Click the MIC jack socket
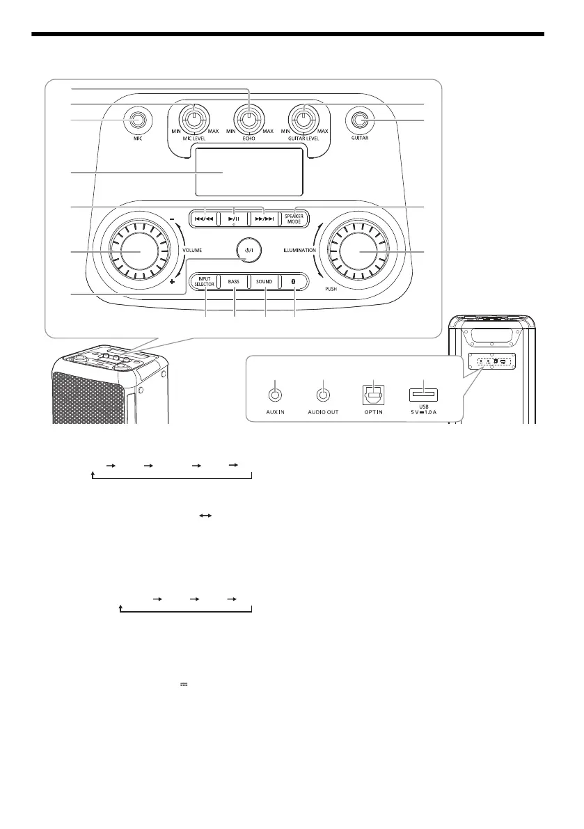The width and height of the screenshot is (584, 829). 137,120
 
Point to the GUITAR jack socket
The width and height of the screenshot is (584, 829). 359,120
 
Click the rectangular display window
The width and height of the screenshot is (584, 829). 248,172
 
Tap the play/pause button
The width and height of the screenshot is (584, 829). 233,217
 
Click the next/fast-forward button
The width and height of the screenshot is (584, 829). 263,217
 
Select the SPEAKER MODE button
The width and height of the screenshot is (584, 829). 294,217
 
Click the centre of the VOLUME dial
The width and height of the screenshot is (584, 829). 136,251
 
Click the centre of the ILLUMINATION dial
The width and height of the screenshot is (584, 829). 361,251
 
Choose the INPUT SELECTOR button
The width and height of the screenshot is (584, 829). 205,282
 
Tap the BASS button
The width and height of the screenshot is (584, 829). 233,282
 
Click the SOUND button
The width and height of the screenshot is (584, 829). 264,282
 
